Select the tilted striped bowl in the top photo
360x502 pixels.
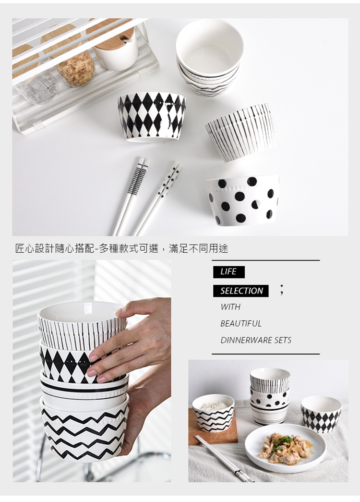[x=240, y=132]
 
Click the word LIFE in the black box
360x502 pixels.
[x=228, y=272]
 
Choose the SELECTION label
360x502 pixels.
[x=241, y=291]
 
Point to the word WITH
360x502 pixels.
[x=230, y=307]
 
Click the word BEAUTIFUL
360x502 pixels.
[x=240, y=323]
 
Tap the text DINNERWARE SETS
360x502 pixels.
[x=256, y=340]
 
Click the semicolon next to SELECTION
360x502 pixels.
[x=281, y=290]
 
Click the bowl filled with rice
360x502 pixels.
[x=213, y=413]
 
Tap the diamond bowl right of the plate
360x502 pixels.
[x=321, y=414]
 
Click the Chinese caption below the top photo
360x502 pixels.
[x=121, y=248]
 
